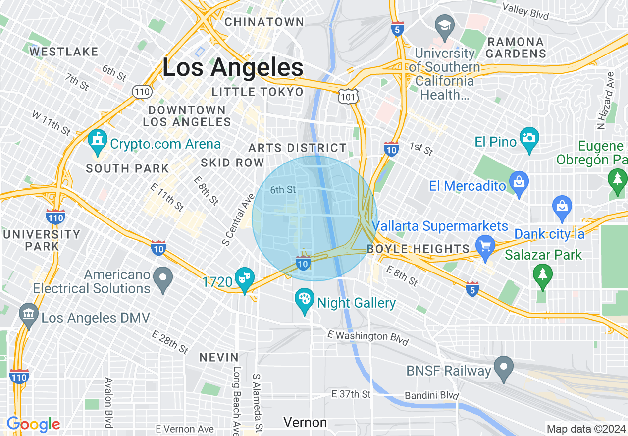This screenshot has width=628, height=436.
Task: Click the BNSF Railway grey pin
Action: [504, 368]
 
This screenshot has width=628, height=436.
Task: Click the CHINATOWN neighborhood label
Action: [264, 22]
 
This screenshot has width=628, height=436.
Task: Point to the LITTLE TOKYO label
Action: [258, 92]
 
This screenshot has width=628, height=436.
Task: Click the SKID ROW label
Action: [232, 163]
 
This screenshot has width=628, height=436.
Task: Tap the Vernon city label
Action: [305, 422]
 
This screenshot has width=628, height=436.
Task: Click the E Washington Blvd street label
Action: [368, 336]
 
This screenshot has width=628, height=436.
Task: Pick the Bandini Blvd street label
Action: [431, 395]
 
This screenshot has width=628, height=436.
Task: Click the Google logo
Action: [33, 424]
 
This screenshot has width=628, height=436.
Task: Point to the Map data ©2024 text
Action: [585, 429]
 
